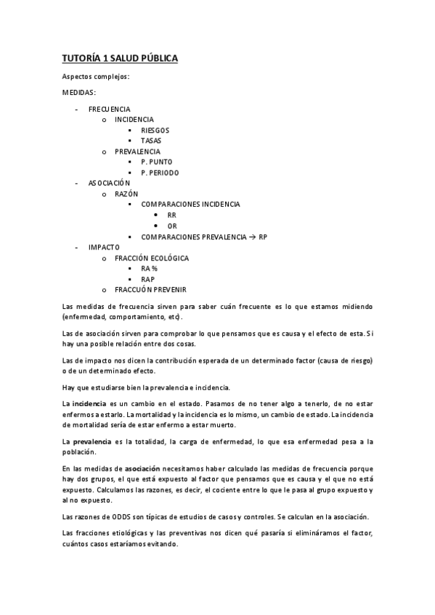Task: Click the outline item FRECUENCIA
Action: coord(109,108)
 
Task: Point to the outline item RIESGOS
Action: coord(155,130)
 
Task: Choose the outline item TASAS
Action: coord(151,140)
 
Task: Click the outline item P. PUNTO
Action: coord(157,162)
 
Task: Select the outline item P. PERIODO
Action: coord(160,173)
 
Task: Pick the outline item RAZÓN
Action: coord(126,194)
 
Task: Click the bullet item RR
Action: coord(171,215)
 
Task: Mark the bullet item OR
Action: coord(171,226)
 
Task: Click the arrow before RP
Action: coord(252,237)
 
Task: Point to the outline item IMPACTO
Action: coord(104,247)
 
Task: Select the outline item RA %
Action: coord(150,269)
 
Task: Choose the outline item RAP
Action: coord(147,279)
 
